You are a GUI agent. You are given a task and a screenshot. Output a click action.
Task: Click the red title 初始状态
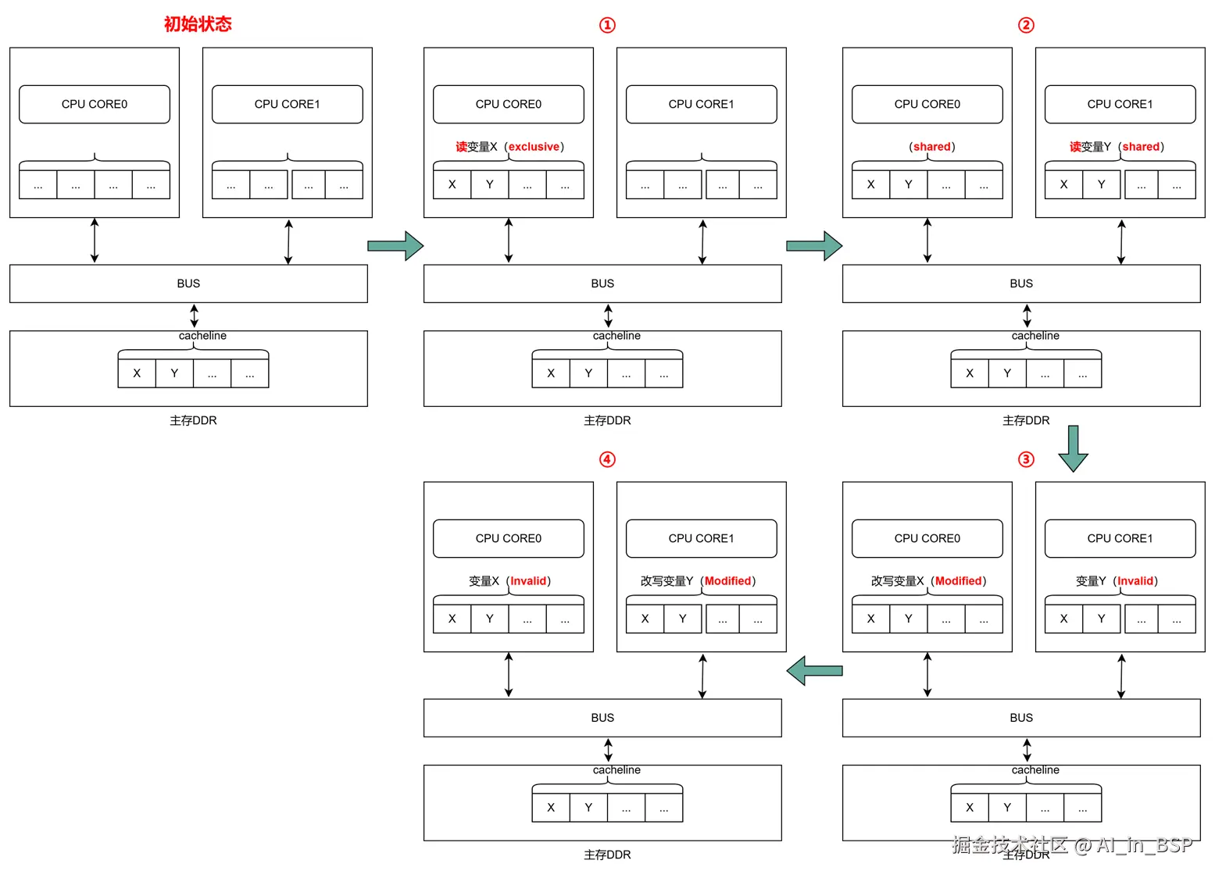pyautogui.click(x=198, y=24)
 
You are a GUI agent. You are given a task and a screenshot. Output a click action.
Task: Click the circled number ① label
pyautogui.click(x=607, y=25)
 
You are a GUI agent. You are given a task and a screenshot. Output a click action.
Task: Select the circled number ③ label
pyautogui.click(x=1026, y=459)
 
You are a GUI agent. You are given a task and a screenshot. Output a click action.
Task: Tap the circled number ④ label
pyautogui.click(x=607, y=459)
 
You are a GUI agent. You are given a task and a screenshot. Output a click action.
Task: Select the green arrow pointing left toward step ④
pyautogui.click(x=814, y=670)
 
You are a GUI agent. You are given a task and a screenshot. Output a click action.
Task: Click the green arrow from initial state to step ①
pyautogui.click(x=395, y=246)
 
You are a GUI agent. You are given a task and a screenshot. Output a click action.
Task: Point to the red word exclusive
pyautogui.click(x=534, y=147)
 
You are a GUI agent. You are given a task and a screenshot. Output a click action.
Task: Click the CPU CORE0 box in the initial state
pyautogui.click(x=95, y=104)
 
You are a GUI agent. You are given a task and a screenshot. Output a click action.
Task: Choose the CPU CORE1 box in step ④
pyautogui.click(x=701, y=538)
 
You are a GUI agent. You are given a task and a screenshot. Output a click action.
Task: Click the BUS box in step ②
pyautogui.click(x=1020, y=284)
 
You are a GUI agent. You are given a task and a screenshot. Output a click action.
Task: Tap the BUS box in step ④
pyautogui.click(x=602, y=718)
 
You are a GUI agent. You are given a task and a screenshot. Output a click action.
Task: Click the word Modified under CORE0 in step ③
pyautogui.click(x=958, y=581)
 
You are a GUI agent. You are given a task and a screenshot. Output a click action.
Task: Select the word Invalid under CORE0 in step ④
pyautogui.click(x=528, y=581)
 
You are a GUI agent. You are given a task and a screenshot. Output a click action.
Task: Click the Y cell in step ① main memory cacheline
pyautogui.click(x=588, y=373)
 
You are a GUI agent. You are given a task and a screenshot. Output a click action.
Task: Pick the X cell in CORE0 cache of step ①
pyautogui.click(x=452, y=184)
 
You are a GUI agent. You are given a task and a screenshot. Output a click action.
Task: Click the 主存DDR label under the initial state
pyautogui.click(x=193, y=420)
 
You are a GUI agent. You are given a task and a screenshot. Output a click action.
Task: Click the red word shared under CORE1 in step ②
pyautogui.click(x=1141, y=147)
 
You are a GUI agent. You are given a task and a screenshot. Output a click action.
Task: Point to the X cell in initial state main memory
pyautogui.click(x=137, y=373)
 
